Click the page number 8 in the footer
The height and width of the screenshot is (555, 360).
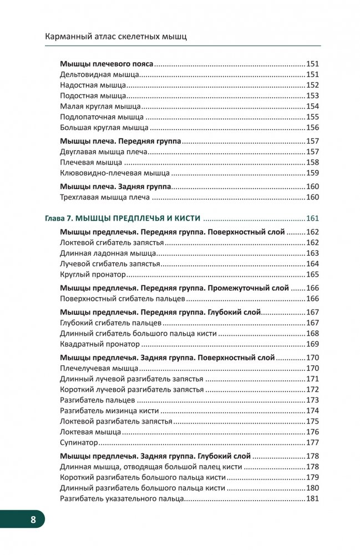click(33, 520)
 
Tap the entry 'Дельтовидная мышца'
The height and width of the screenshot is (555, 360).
click(98, 75)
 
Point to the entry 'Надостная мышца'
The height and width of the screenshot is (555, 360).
click(93, 85)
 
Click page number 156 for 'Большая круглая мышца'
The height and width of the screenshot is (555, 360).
click(312, 128)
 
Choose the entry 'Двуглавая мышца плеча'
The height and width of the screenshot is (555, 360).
click(103, 152)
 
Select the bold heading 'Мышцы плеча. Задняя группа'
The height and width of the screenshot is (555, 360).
click(115, 187)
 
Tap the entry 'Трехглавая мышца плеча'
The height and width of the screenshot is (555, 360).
click(105, 197)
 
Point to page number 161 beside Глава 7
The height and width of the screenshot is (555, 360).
click(312, 218)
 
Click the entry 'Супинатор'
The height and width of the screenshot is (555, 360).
click(79, 442)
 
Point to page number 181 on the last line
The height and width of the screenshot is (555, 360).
click(312, 499)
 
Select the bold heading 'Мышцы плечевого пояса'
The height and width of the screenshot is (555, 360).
click(106, 64)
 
